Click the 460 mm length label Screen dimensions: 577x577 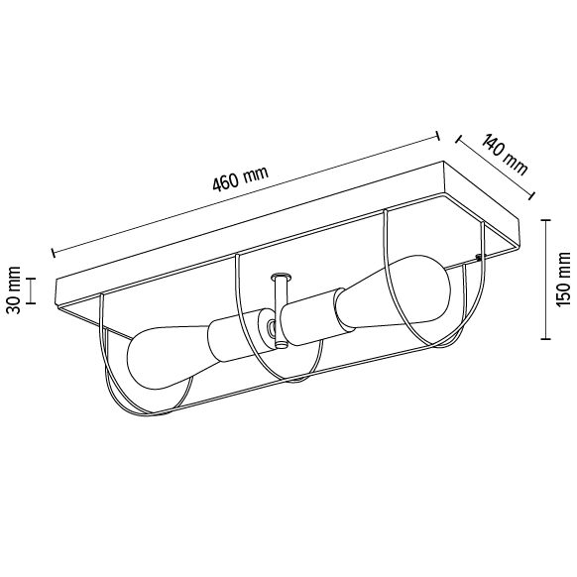pyautogui.click(x=241, y=179)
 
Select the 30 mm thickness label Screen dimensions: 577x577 pyautogui.click(x=15, y=289)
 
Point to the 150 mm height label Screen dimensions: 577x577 pyautogui.click(x=564, y=281)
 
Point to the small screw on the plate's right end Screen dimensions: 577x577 pyautogui.click(x=479, y=259)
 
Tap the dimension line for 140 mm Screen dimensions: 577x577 pyautogui.click(x=491, y=169)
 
